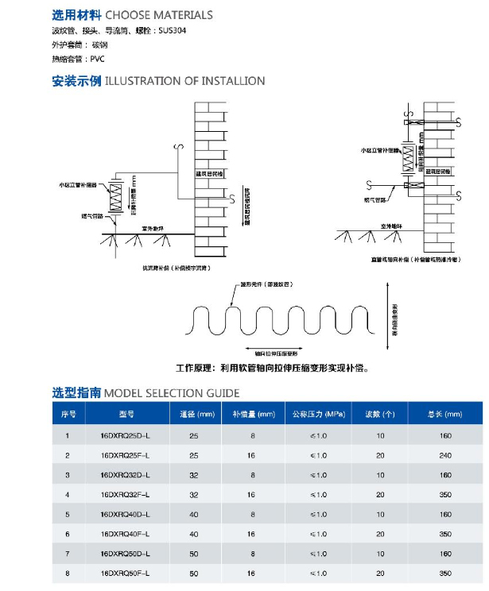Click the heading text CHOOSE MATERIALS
(159, 14)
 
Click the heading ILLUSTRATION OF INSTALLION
(185, 81)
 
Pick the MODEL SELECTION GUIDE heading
(172, 392)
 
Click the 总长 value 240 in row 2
(444, 456)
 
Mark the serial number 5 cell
(68, 514)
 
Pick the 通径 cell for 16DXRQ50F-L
(193, 573)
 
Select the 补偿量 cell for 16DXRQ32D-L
(252, 475)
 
